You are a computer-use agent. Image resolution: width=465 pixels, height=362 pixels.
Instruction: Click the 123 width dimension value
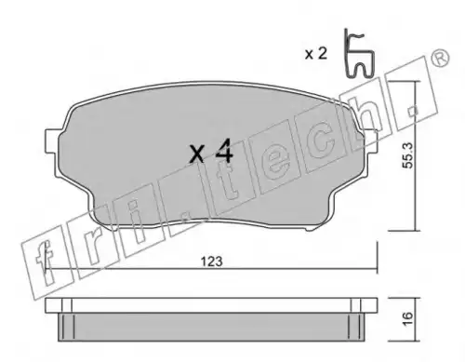tap(212, 261)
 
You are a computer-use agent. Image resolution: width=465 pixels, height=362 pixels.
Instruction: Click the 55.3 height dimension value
tap(407, 155)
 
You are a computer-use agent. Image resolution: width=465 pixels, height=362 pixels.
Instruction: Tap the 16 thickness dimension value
tap(408, 318)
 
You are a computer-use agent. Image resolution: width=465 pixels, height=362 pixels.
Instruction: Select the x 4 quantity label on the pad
tap(211, 152)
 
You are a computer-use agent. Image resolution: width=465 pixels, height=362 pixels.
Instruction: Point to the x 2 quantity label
tap(316, 54)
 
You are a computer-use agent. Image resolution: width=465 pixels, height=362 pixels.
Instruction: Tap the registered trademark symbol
tap(440, 58)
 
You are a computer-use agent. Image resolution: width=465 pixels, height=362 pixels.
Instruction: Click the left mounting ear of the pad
tap(52, 141)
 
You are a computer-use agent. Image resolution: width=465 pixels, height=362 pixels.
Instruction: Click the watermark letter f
tap(45, 262)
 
